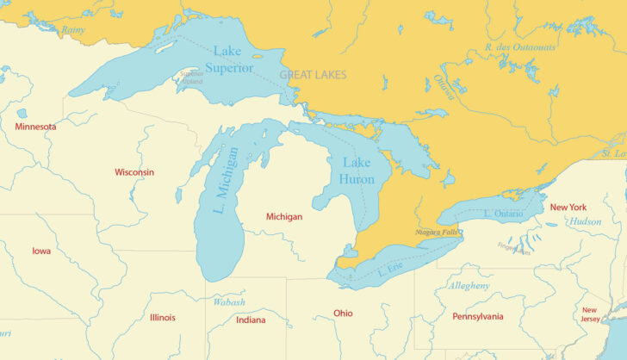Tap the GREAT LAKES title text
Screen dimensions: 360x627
[313, 76]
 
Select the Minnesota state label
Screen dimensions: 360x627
[35, 127]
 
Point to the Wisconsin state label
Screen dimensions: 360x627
[134, 172]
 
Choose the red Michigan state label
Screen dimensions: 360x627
[284, 217]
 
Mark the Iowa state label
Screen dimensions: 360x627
[41, 251]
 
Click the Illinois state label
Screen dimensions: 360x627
[162, 317]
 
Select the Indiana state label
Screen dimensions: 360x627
[251, 320]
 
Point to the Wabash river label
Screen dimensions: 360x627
[229, 302]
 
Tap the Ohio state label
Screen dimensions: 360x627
[343, 313]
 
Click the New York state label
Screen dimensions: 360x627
[568, 208]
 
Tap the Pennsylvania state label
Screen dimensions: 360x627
[478, 317]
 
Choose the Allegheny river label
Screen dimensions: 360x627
[469, 285]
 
